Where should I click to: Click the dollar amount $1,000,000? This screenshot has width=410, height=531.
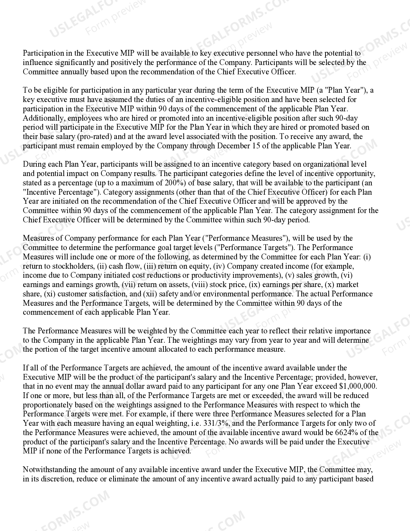(x=358, y=386)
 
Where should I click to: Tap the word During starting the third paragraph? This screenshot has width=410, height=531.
(x=34, y=164)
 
